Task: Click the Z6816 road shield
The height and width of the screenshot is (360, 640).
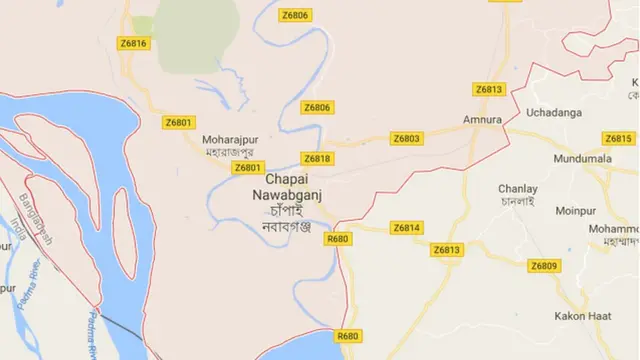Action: [133, 43]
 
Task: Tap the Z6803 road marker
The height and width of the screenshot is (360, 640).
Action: [407, 138]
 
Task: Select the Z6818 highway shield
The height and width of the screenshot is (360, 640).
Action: [317, 158]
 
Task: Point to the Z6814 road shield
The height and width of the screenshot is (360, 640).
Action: [406, 228]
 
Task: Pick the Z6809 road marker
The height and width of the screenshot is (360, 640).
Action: [544, 265]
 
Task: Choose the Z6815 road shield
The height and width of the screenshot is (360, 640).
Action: [618, 138]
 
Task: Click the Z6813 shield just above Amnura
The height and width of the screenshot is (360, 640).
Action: [489, 89]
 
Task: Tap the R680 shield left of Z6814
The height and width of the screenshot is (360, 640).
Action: [338, 238]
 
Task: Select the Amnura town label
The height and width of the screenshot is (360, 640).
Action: [481, 119]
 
